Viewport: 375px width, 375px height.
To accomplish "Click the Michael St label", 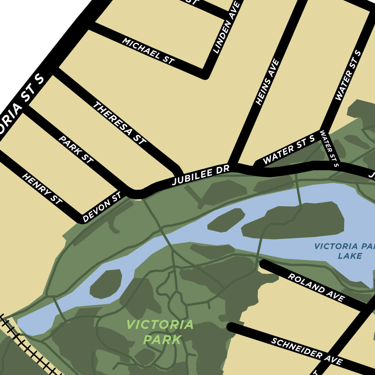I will (148, 51).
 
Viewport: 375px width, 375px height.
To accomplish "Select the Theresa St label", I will (119, 123).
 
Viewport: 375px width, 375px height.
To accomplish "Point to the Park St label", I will (76, 149).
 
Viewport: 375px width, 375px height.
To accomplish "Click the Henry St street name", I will (42, 189).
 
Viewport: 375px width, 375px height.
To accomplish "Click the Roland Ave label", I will (317, 287).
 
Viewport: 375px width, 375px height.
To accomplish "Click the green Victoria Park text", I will (160, 332).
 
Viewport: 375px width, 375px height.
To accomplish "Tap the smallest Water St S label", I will (329, 148).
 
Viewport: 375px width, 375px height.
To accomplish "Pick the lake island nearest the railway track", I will (106, 284).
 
